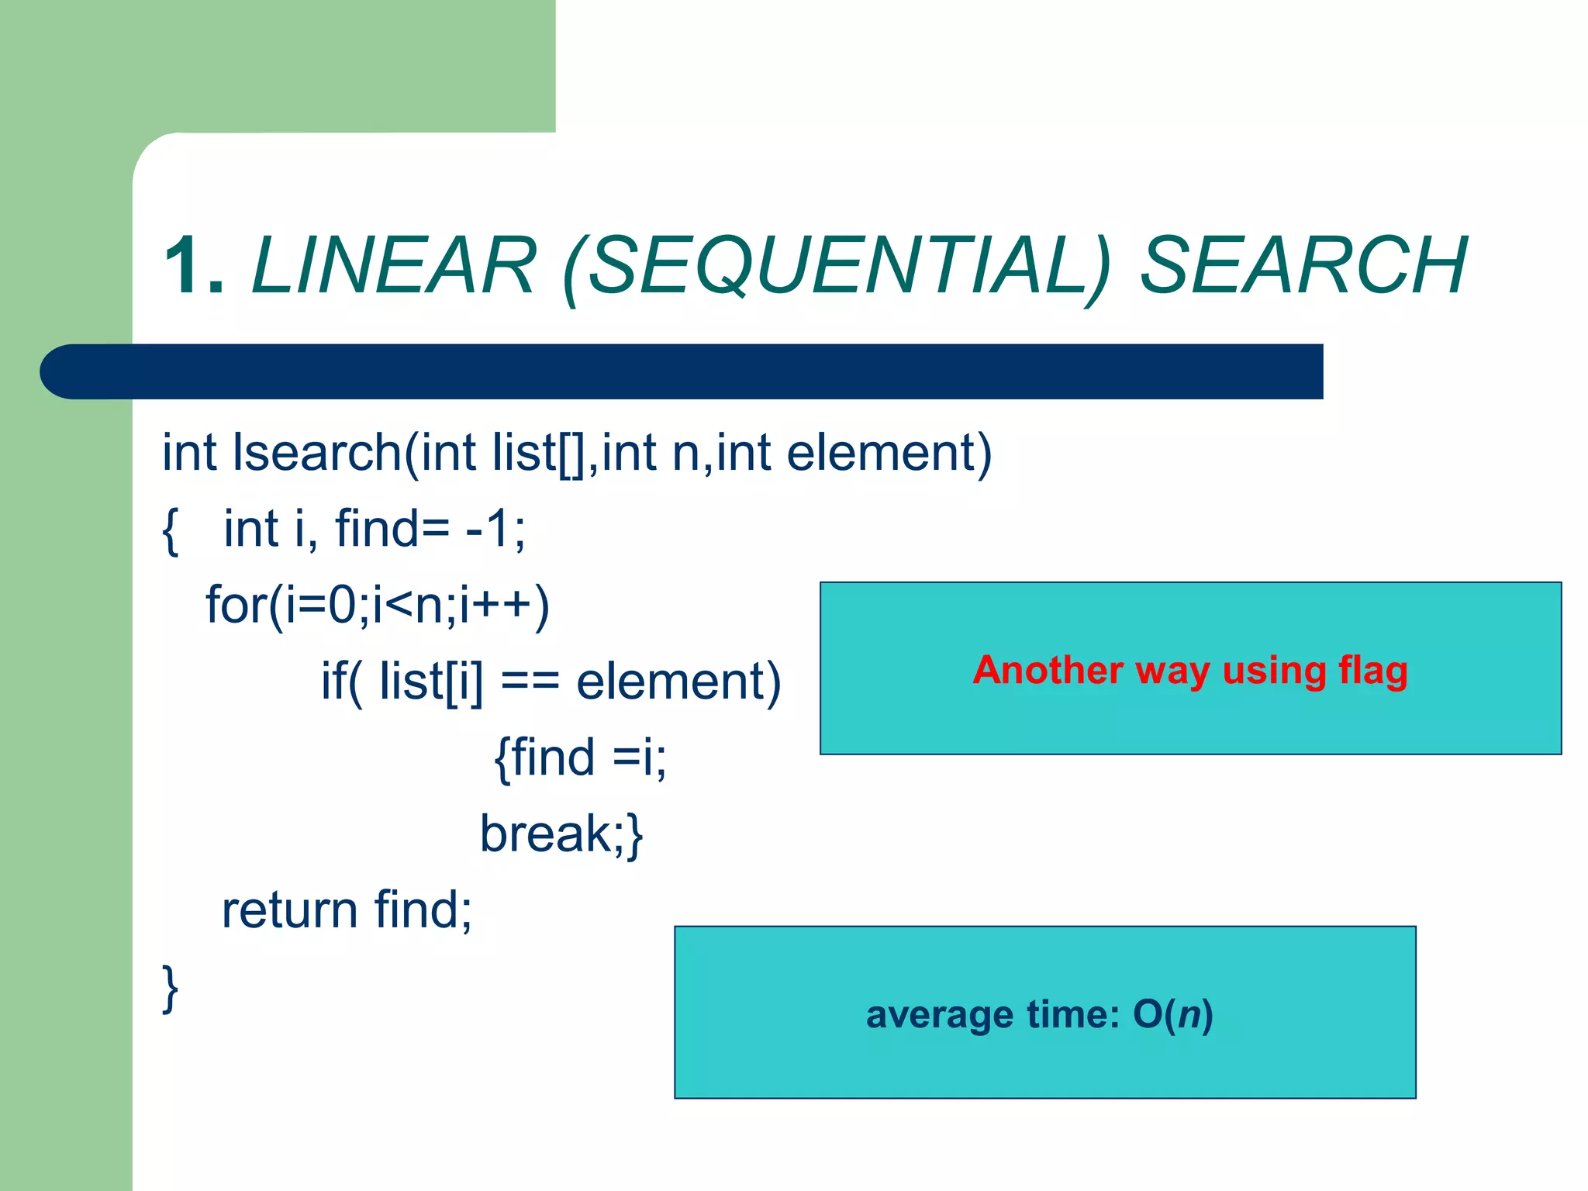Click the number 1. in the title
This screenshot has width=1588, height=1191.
(x=194, y=266)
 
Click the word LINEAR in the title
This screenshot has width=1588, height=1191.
(x=394, y=266)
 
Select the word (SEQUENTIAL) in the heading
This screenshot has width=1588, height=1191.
(x=837, y=268)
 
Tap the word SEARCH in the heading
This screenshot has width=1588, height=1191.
(x=1303, y=266)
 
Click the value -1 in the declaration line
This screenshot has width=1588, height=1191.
(x=487, y=529)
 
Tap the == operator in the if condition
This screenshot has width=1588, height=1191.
(x=530, y=682)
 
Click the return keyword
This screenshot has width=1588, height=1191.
(x=288, y=910)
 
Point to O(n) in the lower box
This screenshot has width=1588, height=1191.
(x=1172, y=1015)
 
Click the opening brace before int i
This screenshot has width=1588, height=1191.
(x=171, y=530)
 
